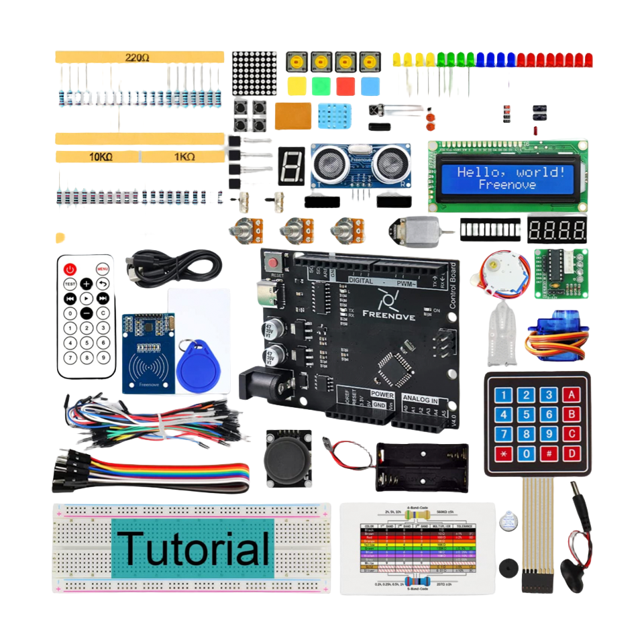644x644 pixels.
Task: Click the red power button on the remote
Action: click(x=70, y=269)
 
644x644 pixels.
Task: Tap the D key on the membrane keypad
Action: click(x=572, y=453)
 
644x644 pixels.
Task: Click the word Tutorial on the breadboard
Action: click(x=193, y=547)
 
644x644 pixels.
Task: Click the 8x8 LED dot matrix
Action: click(x=254, y=74)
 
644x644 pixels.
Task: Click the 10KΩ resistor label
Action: click(x=101, y=157)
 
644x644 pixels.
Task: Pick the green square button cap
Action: click(x=321, y=87)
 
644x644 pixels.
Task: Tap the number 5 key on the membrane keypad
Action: click(x=527, y=415)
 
